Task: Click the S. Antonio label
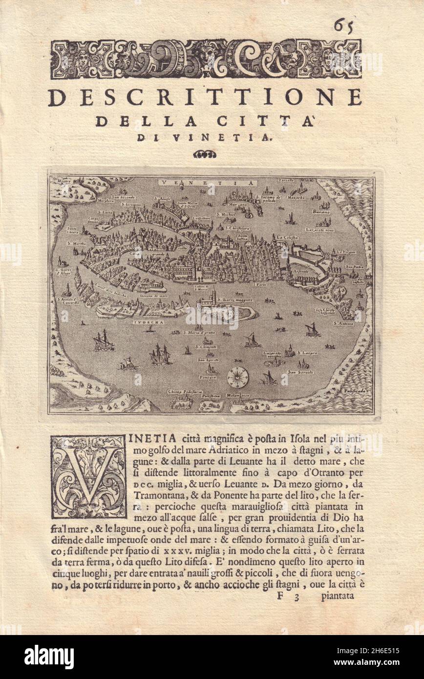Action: [x=343, y=323]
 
